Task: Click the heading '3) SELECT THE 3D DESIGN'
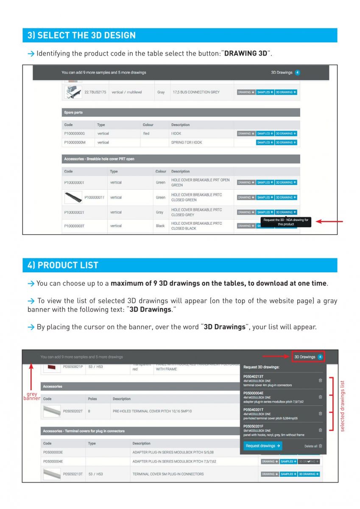click(x=82, y=35)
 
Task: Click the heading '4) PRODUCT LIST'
click(x=63, y=265)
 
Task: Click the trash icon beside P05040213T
click(x=320, y=380)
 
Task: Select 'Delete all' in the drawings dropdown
click(x=313, y=446)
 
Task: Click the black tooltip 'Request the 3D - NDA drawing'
click(x=286, y=222)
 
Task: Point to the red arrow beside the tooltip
click(x=330, y=221)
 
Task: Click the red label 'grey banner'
click(x=32, y=396)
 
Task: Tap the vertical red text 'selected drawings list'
click(x=343, y=406)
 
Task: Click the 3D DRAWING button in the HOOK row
click(x=286, y=134)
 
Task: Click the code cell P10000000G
click(x=75, y=134)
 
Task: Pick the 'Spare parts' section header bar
click(x=181, y=112)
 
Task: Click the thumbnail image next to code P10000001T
click(x=73, y=197)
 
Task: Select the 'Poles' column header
click(x=92, y=399)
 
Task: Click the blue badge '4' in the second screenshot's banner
click(x=320, y=357)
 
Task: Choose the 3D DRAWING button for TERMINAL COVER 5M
click(x=309, y=474)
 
